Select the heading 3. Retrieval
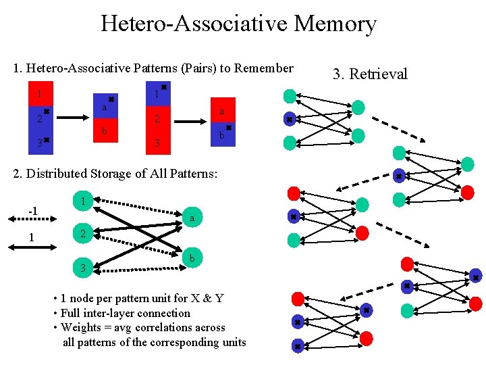[x=370, y=74]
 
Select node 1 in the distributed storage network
[x=82, y=201]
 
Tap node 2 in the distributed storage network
[x=82, y=235]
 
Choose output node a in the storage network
[x=192, y=218]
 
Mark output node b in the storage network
[x=192, y=258]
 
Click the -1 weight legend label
[x=31, y=211]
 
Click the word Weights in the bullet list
[x=79, y=327]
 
